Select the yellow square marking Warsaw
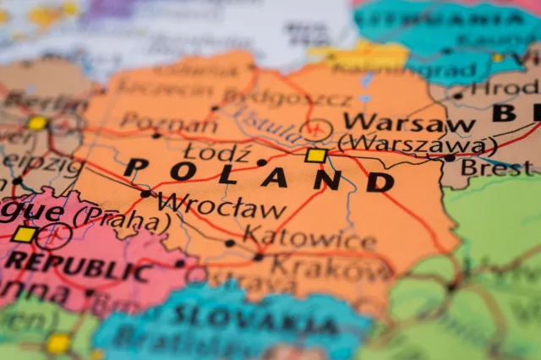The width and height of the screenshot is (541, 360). tap(315, 155)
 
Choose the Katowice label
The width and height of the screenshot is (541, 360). tap(309, 237)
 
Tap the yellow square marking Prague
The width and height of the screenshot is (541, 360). tap(25, 234)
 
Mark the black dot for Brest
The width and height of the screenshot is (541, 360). tap(450, 157)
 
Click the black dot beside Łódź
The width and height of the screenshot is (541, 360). tap(261, 162)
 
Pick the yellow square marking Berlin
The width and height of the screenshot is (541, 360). tap(36, 123)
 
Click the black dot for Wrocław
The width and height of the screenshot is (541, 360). tap(145, 194)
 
